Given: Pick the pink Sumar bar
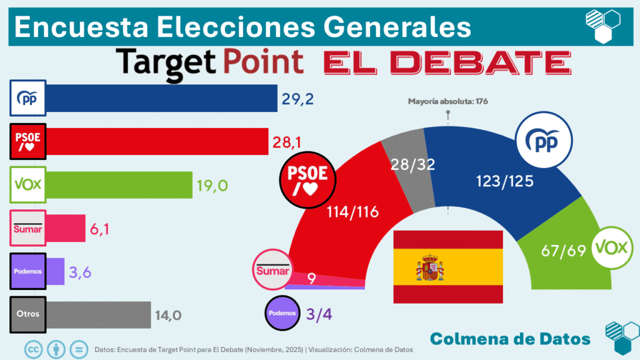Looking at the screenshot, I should coord(66,227).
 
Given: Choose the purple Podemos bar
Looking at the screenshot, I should coord(56,271).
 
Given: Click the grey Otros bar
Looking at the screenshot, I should coord(99,314).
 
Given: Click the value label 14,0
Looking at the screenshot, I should coord(169,315).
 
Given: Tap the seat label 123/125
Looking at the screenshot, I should coord(488,181).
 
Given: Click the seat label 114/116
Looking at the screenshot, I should coord(353,212).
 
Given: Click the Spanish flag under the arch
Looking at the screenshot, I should coord(447,267).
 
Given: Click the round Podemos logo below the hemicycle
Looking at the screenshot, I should coord(282,312).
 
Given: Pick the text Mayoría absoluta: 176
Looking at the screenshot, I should coord(447,101).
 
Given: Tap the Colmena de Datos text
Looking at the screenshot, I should coord(510,338).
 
